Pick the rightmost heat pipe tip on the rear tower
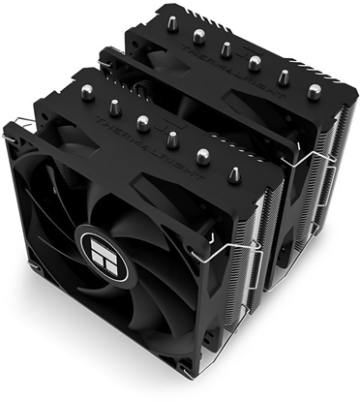pos(315,91)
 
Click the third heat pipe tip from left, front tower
pos(143,123)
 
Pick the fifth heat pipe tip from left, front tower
pos(203,154)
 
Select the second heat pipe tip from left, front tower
pos(114,106)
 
